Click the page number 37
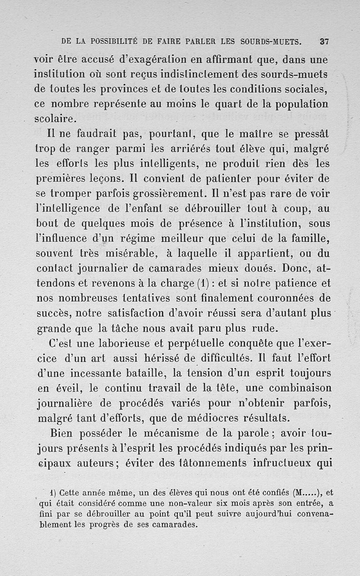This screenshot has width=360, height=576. (x=324, y=41)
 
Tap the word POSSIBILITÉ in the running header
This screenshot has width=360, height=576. (x=112, y=41)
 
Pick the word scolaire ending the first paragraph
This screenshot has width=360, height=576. (x=55, y=120)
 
